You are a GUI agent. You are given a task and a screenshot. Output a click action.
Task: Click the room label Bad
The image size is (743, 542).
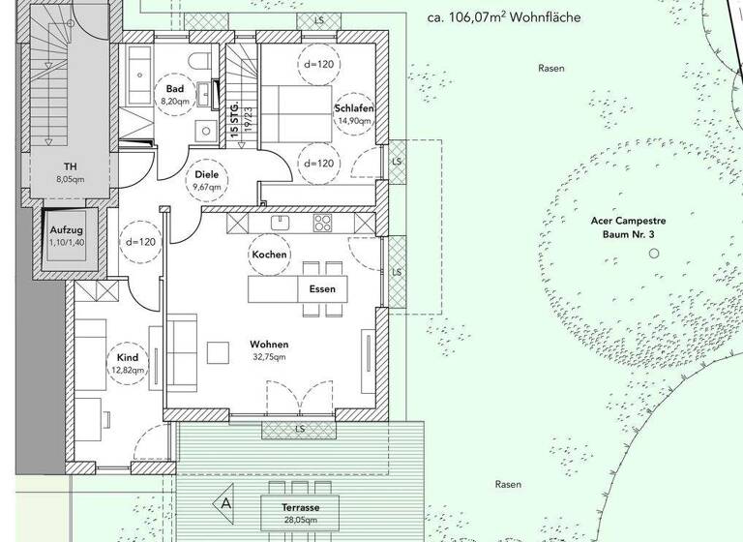pyautogui.click(x=175, y=87)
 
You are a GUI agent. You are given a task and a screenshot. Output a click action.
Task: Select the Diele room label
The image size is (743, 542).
pyautogui.click(x=207, y=174)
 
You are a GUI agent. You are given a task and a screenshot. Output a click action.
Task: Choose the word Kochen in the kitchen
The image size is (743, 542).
pyautogui.click(x=268, y=254)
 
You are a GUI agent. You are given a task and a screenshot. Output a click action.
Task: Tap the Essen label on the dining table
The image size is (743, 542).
pyautogui.click(x=322, y=289)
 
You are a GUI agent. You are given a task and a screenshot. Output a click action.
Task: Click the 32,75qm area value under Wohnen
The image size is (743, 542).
pyautogui.click(x=269, y=357)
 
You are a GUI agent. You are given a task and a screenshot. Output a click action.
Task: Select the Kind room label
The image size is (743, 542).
pyautogui.click(x=128, y=357)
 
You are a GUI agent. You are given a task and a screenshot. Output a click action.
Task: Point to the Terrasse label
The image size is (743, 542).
pyautogui.click(x=303, y=507)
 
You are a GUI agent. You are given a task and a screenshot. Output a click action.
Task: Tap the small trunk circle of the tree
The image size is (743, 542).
pyautogui.click(x=654, y=253)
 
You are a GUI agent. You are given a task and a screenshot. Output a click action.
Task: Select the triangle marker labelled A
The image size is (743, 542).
pyautogui.click(x=226, y=503)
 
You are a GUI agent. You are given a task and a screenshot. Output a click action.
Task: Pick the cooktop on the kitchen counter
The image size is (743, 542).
pyautogui.click(x=322, y=223)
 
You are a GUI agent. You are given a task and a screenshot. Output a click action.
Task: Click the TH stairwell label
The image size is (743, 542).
pyautogui.click(x=71, y=166)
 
